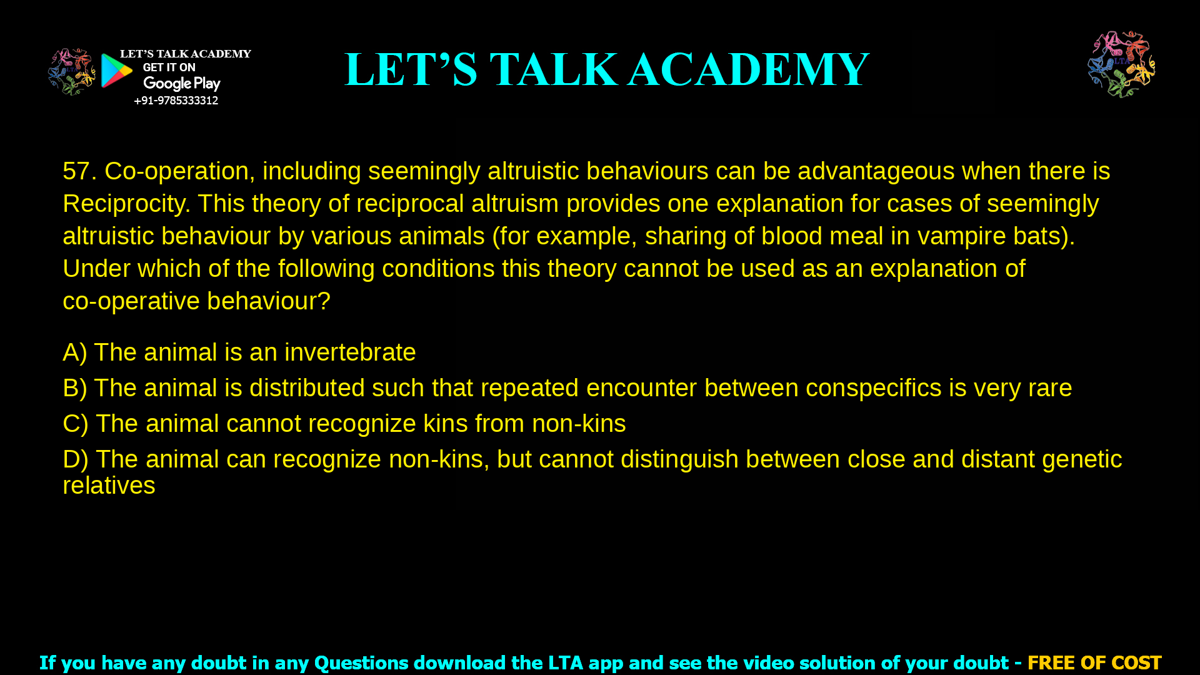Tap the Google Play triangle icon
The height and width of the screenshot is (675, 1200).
[116, 71]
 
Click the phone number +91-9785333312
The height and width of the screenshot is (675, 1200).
[176, 101]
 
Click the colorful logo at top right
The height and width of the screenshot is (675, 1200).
[1121, 64]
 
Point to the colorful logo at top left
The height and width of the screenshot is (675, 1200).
[71, 72]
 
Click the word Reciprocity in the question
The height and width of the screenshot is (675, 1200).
[126, 204]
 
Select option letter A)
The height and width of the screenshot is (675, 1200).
[74, 352]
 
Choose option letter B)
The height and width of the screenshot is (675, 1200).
[74, 388]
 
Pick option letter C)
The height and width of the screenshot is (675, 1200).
[75, 424]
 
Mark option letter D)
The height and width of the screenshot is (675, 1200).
[75, 459]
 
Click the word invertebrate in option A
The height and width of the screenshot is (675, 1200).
[350, 352]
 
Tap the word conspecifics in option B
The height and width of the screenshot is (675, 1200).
[873, 388]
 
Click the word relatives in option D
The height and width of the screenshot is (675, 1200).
[109, 486]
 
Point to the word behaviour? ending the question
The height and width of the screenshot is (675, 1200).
[268, 301]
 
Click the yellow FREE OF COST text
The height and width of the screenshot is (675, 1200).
[1094, 662]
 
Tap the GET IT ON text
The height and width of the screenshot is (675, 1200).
[169, 67]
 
